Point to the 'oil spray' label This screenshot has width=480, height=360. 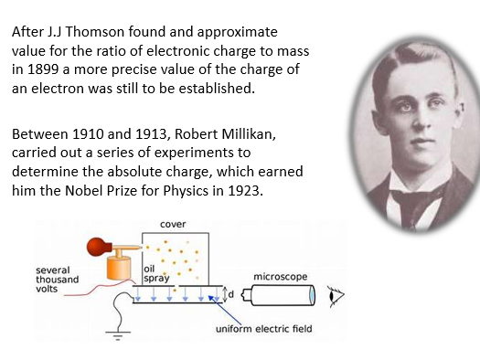pyautogui.click(x=156, y=272)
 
